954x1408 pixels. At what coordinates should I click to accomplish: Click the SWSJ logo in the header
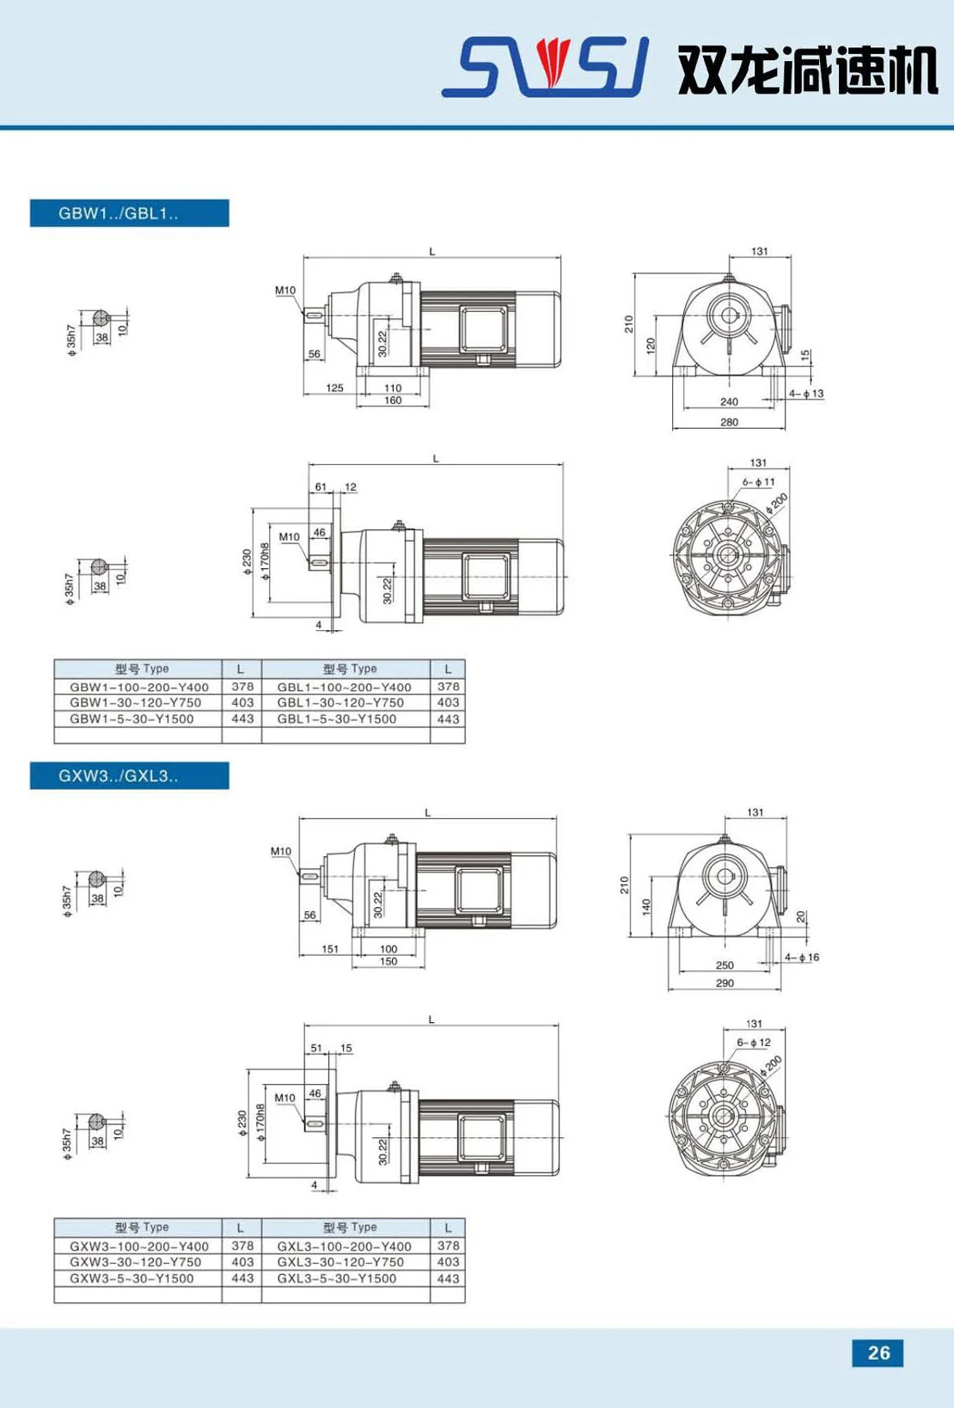546,66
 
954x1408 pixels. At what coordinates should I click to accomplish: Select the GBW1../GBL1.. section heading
119,213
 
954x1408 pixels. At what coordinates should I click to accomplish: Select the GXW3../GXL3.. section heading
119,775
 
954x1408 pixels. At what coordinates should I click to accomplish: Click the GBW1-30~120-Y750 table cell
136,703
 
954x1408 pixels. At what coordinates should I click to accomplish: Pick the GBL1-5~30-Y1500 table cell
337,719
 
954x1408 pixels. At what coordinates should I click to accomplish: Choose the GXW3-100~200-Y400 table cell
139,1246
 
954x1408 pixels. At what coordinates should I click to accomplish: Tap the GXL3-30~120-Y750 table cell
340,1262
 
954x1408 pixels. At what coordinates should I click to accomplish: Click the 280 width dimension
729,422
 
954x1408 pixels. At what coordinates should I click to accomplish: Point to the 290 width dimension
725,983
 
